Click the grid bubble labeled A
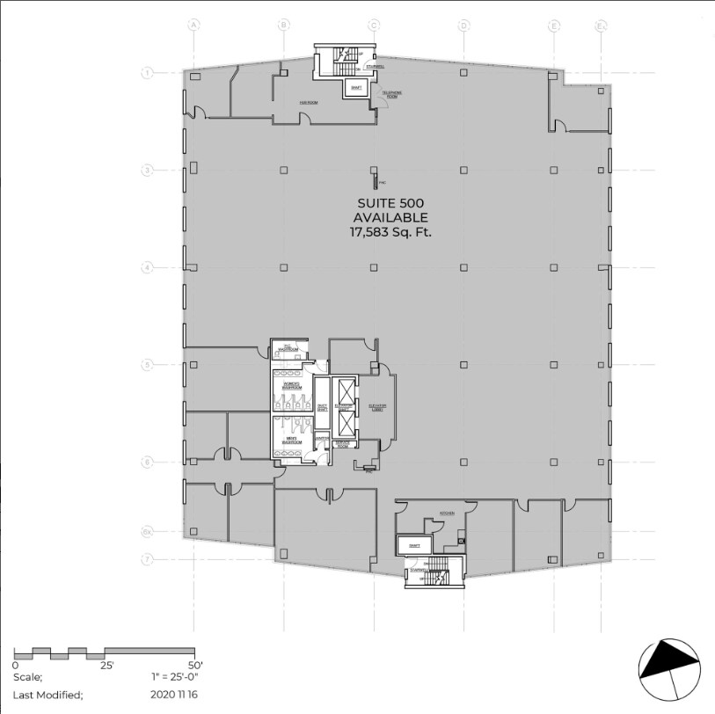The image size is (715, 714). (x=193, y=25)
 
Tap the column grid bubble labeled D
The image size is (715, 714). (x=463, y=25)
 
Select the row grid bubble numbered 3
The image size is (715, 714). (x=149, y=170)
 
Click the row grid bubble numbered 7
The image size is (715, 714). (x=149, y=558)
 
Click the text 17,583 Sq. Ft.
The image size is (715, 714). (x=390, y=233)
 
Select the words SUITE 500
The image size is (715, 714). (x=390, y=203)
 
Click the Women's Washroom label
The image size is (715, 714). (x=292, y=386)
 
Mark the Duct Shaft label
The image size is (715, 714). (x=322, y=406)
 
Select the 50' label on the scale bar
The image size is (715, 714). (x=195, y=666)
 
